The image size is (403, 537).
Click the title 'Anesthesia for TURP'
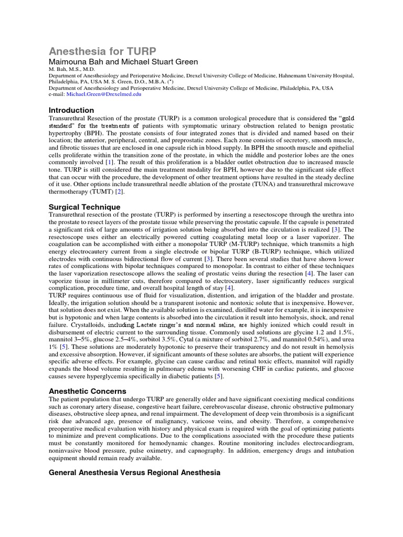pyautogui.click(x=102, y=51)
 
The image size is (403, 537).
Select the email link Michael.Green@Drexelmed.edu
pyautogui.click(x=108, y=94)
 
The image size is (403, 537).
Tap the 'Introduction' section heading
pyautogui.click(x=71, y=110)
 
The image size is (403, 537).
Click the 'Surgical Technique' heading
pyautogui.click(x=84, y=207)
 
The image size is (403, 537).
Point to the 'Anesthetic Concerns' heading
pyautogui.click(x=88, y=391)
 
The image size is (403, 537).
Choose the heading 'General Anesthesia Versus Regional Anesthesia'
pyautogui.click(x=134, y=472)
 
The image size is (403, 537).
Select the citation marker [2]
pyautogui.click(x=119, y=192)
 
